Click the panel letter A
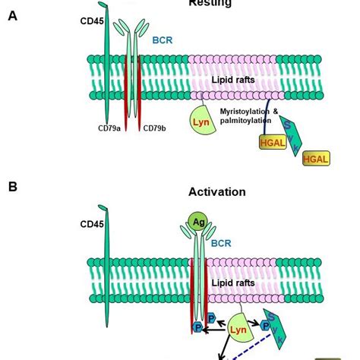[x=12, y=15]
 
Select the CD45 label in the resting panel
[x=91, y=21]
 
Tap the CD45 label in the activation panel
[x=91, y=224]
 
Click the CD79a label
[x=109, y=128]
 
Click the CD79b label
[x=156, y=128]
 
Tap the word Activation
[x=217, y=192]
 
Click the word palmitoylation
[x=246, y=123]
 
